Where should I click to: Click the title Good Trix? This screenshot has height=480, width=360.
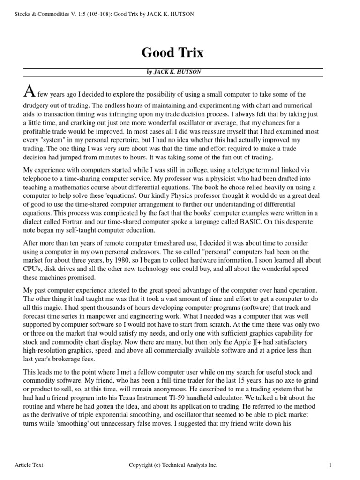[172, 53]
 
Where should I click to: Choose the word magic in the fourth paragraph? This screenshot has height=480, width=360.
[50, 308]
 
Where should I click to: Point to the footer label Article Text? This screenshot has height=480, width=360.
[29, 465]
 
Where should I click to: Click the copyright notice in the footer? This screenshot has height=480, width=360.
[173, 465]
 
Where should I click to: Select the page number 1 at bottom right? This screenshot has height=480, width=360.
[330, 465]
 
